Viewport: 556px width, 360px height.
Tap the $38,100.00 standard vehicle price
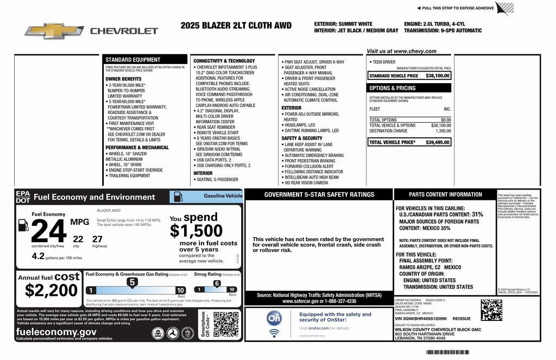coord(438,75)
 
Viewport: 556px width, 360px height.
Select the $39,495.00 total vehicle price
coord(438,142)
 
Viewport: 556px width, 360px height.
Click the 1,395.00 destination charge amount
coord(443,131)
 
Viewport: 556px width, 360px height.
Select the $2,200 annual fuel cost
coord(51,290)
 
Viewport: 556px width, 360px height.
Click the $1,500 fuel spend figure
coord(196,231)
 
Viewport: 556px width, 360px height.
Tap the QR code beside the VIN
coord(491,310)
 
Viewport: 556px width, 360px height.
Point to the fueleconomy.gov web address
coord(56,331)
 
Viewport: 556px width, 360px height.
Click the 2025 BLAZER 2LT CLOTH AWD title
coord(236,26)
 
